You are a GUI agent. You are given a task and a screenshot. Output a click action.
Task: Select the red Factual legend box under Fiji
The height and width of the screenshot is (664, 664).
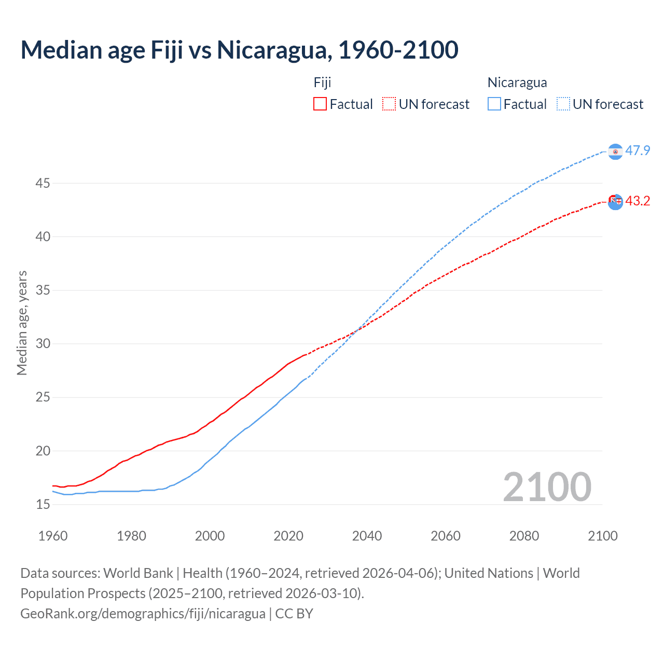(320, 104)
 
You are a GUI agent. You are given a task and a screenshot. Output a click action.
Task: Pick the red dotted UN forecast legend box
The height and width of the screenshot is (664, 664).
(389, 104)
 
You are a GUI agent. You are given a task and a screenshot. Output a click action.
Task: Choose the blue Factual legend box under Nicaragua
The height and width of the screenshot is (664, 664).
(494, 104)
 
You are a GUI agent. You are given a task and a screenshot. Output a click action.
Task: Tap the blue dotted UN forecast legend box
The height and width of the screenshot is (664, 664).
(563, 104)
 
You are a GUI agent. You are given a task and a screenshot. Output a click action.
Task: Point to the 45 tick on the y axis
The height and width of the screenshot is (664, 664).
(43, 183)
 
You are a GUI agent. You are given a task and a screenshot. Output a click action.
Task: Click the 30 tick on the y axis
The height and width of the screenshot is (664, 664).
(43, 343)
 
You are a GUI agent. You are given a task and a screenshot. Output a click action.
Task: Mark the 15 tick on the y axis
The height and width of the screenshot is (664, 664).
(43, 504)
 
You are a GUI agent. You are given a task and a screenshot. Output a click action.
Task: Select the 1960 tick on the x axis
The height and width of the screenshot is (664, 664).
(53, 536)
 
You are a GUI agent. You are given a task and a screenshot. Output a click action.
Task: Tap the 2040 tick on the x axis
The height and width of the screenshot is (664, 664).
(367, 536)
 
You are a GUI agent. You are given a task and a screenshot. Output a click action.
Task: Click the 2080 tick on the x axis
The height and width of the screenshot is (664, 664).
(524, 536)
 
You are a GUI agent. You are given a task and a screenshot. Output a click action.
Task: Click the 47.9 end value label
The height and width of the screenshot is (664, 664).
(638, 151)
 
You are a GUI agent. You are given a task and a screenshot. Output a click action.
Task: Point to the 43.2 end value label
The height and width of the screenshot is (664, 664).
(638, 201)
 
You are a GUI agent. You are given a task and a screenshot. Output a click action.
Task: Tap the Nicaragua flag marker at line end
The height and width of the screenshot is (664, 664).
(615, 151)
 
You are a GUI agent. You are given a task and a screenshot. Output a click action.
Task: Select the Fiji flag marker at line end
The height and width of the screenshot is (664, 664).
(615, 202)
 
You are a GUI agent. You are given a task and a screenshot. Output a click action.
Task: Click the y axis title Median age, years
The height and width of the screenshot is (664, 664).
(22, 323)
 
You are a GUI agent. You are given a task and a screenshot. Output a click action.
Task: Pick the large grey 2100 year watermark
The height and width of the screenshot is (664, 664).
(547, 487)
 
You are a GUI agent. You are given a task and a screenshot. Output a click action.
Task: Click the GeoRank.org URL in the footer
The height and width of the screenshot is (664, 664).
(143, 614)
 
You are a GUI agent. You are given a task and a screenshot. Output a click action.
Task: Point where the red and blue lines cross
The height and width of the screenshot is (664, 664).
(358, 329)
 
